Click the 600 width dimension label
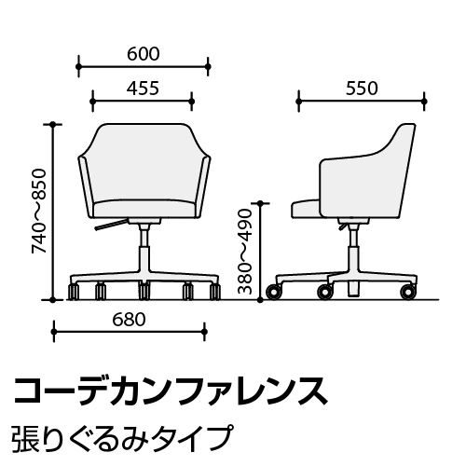[144, 54]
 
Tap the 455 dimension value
[143, 89]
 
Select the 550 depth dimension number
[362, 89]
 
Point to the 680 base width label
[129, 320]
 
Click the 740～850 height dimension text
[39, 212]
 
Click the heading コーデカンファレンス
[171, 391]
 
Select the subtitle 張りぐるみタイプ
[122, 438]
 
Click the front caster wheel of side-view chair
[274, 292]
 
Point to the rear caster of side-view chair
[408, 292]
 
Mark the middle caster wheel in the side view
[324, 292]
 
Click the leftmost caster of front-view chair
[74, 292]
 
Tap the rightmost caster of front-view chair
[215, 292]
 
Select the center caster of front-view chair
[144, 292]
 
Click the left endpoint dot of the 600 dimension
[78, 66]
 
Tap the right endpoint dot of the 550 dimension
[424, 102]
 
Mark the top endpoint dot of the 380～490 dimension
[261, 203]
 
